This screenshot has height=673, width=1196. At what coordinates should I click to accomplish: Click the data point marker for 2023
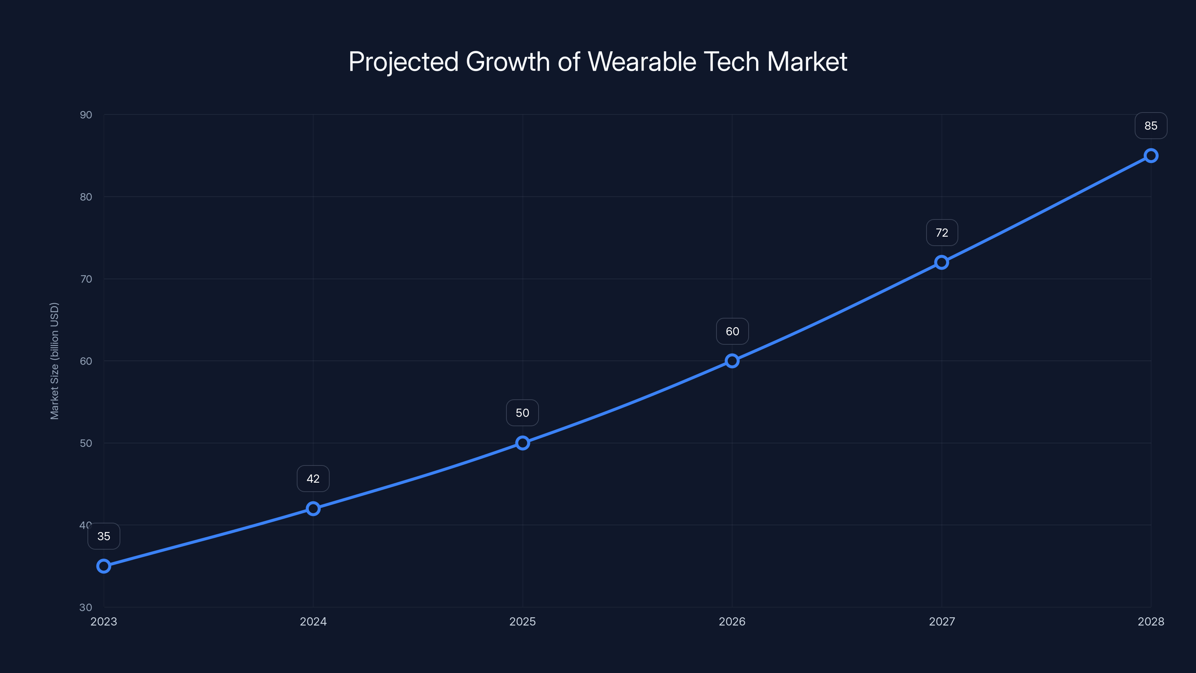104,566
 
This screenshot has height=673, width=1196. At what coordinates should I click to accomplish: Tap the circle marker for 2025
523,443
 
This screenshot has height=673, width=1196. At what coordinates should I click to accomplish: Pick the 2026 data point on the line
732,361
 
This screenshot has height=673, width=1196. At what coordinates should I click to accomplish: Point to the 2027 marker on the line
941,262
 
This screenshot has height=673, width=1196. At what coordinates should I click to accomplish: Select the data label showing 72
941,233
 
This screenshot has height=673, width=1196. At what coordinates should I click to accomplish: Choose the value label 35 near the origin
104,537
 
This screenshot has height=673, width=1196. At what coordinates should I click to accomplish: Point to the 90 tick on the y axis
86,115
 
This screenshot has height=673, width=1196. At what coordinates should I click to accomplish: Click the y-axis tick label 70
86,279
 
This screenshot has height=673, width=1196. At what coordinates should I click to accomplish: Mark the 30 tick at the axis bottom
86,607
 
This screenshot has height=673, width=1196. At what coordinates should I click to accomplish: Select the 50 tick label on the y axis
86,443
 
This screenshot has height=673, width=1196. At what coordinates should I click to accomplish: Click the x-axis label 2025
523,621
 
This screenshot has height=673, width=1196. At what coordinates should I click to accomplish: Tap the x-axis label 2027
941,621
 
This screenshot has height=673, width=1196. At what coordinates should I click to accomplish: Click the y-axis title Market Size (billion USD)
54,361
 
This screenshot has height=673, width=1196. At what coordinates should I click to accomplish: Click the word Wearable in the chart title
642,62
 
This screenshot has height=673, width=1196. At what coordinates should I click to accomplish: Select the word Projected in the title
404,62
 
